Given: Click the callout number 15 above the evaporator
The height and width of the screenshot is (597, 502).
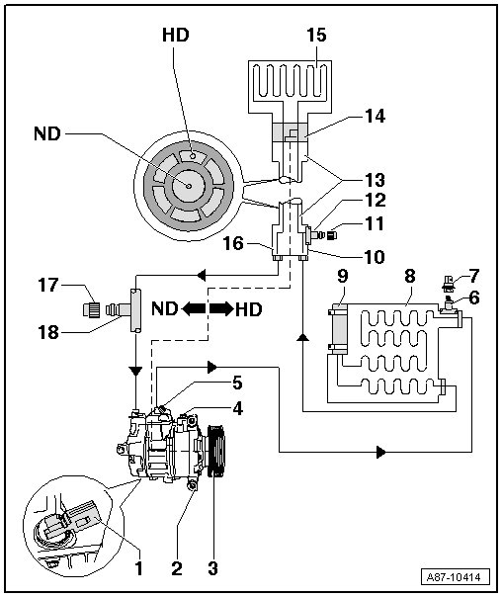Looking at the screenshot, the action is tap(316, 35).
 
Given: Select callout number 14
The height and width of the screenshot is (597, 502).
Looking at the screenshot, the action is tap(375, 116).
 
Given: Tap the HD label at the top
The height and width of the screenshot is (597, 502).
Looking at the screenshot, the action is tap(176, 35).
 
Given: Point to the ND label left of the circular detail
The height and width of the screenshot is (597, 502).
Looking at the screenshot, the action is tap(47, 133).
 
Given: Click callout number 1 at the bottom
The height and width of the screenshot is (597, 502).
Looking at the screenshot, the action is tap(138, 568).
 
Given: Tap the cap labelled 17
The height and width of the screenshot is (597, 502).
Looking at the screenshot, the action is tap(92, 309).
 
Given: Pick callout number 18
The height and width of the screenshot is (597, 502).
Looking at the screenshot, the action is tap(48, 332).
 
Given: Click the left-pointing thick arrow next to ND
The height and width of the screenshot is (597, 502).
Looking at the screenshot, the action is tap(194, 308).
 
